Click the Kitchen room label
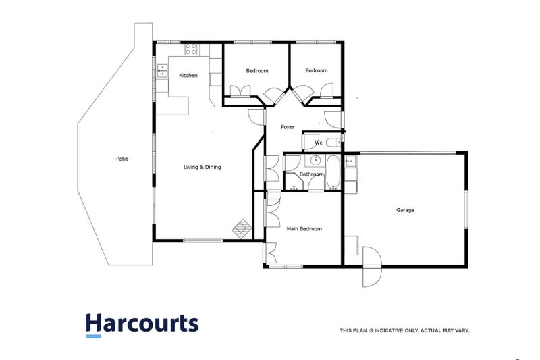[188, 76]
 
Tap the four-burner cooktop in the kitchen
[191, 49]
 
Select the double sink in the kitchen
[163, 71]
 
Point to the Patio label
[122, 159]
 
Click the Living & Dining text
[202, 167]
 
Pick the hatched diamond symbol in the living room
[242, 228]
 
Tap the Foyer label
[288, 127]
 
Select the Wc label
[319, 143]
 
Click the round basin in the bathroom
[315, 161]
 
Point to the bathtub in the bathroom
[333, 172]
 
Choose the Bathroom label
[312, 174]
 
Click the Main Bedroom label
[304, 229]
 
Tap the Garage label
[405, 210]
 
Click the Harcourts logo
[142, 325]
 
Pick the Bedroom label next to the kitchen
[257, 71]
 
